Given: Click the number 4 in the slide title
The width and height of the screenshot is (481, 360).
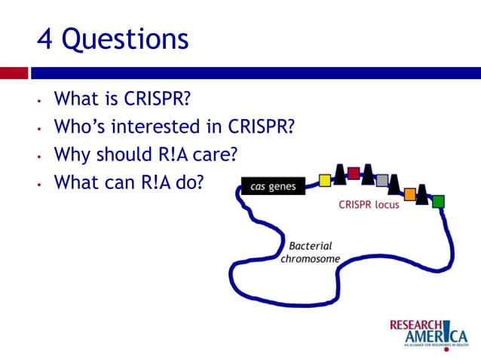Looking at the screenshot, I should pos(45,39).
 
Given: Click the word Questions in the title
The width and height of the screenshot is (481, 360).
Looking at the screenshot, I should pos(125,40).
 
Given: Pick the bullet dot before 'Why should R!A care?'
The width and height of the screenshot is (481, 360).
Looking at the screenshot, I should pos(38,156).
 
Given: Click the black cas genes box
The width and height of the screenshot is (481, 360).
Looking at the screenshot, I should pos(272,186).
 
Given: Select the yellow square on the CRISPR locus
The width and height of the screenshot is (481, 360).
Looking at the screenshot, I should pos(325,180).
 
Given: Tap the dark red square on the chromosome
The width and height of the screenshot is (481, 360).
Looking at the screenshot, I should pos(354,174).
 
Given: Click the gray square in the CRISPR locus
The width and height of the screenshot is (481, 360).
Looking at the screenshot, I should pos(382,180).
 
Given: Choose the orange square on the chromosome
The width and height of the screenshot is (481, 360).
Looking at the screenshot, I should pos(409,194).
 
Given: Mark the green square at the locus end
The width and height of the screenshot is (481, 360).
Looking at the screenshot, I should pos(438,201).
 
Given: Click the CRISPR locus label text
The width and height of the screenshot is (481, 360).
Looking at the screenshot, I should pos(369,205).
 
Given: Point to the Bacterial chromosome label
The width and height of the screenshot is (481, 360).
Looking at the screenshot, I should pos(310,252).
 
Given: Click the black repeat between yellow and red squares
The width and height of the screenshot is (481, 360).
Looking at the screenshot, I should pos(339,174).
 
